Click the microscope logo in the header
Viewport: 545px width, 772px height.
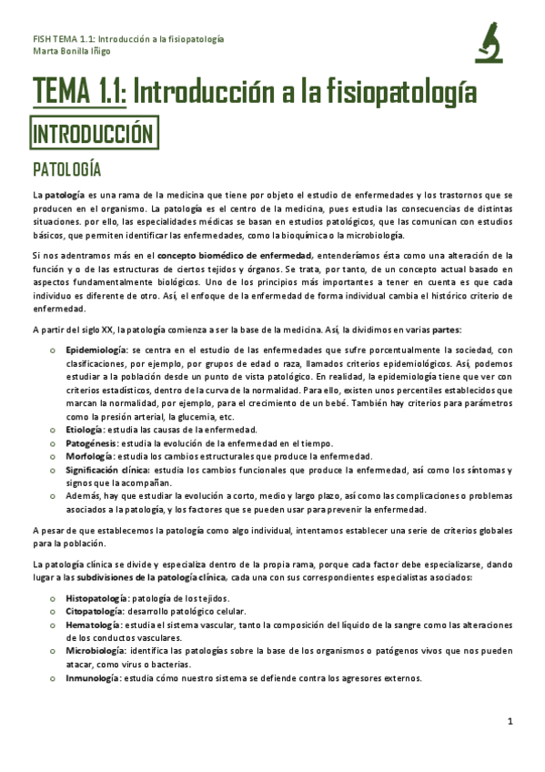pyautogui.click(x=490, y=42)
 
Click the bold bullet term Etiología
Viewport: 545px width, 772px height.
pyautogui.click(x=84, y=429)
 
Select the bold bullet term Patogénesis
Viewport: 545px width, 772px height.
pyautogui.click(x=90, y=442)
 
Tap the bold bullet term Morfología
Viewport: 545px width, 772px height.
pyautogui.click(x=88, y=455)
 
